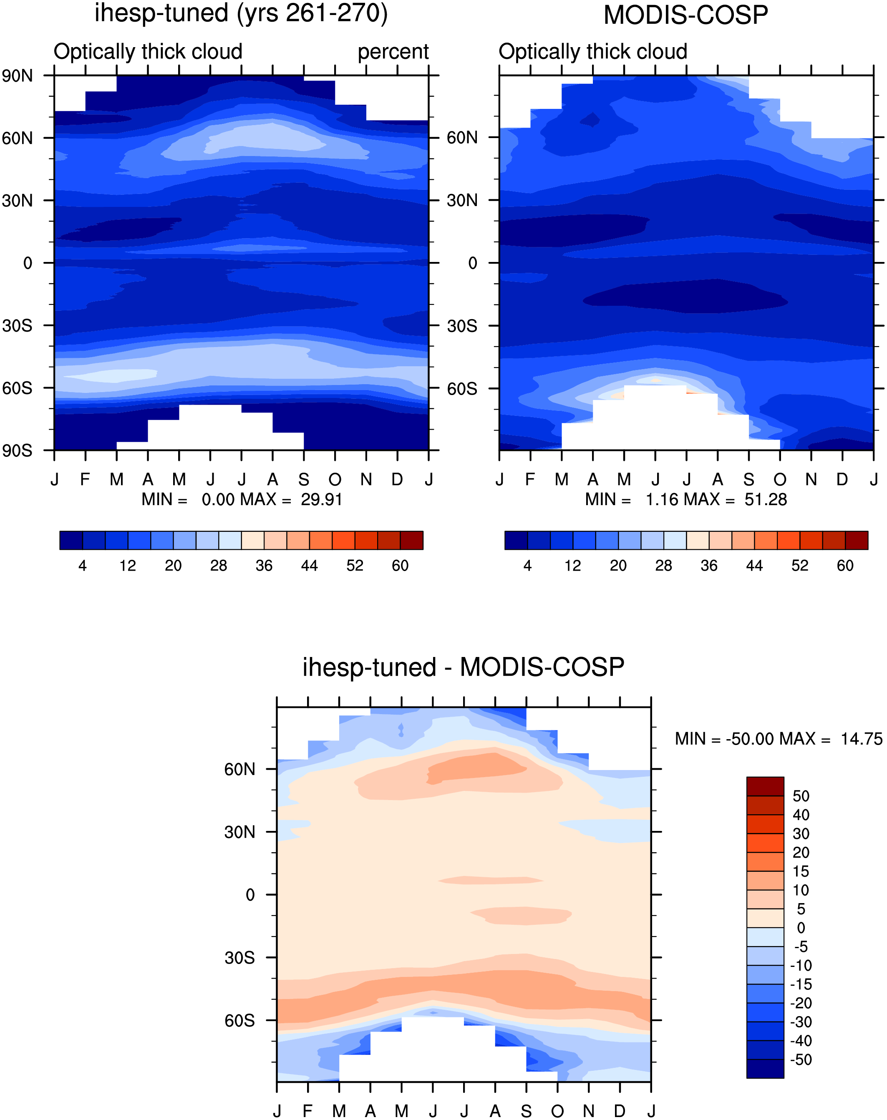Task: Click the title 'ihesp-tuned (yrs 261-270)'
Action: tap(241, 13)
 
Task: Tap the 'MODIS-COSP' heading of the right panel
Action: tap(685, 15)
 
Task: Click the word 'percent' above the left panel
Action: tap(393, 52)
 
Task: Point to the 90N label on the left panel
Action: tap(17, 76)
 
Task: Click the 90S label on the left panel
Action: tap(17, 451)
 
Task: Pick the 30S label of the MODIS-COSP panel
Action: tap(462, 326)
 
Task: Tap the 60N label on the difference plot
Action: tap(239, 769)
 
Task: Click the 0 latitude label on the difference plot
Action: tap(250, 895)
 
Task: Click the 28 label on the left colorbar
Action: tap(219, 566)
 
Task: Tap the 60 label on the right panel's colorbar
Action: tap(845, 566)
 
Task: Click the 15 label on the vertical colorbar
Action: tap(801, 871)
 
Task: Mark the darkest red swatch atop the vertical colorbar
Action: tap(765, 786)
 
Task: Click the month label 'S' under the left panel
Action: tap(304, 479)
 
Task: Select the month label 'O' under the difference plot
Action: tap(557, 1111)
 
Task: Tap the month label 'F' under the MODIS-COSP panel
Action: tap(530, 479)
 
